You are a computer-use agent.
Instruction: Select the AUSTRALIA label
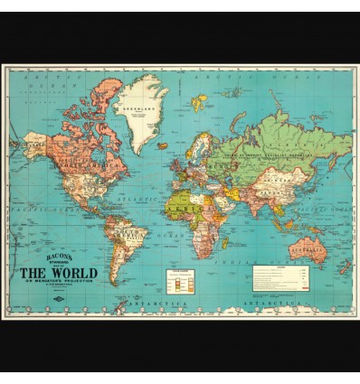pos(307,242)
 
